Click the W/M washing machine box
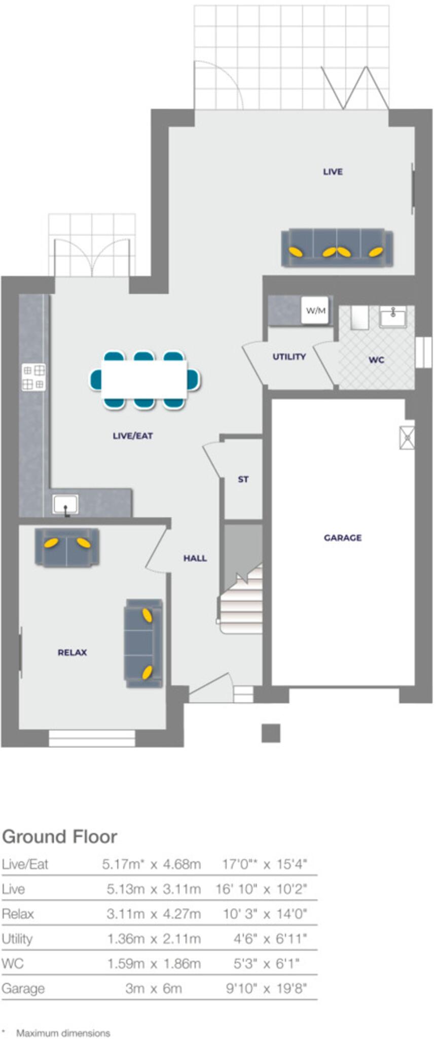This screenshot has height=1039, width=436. click(x=315, y=310)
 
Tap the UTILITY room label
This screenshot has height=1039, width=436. click(x=289, y=357)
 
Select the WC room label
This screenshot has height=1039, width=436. click(x=376, y=360)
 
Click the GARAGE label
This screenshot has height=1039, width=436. click(x=343, y=537)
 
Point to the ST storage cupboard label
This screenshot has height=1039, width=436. click(x=243, y=479)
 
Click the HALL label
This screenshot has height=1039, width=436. click(x=195, y=558)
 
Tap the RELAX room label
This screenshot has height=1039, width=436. click(x=72, y=652)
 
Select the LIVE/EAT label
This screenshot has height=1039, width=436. click(x=133, y=435)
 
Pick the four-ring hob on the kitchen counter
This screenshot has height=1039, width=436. click(x=33, y=377)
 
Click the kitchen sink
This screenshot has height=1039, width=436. click(x=65, y=505)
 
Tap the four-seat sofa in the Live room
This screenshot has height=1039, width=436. click(x=337, y=248)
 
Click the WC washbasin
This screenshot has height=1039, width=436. click(x=393, y=317)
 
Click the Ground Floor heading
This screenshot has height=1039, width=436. click(x=60, y=837)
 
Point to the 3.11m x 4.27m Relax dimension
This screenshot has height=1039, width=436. click(x=154, y=914)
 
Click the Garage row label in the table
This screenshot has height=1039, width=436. click(x=23, y=988)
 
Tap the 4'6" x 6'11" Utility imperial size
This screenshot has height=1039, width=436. click(x=270, y=939)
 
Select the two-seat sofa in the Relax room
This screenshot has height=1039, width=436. click(x=67, y=547)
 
